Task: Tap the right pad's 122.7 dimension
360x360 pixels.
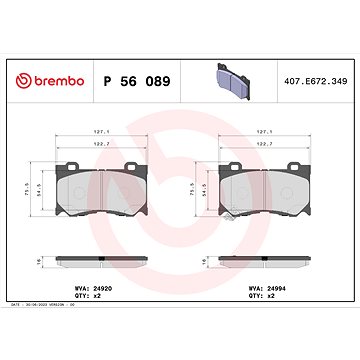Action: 265,146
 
